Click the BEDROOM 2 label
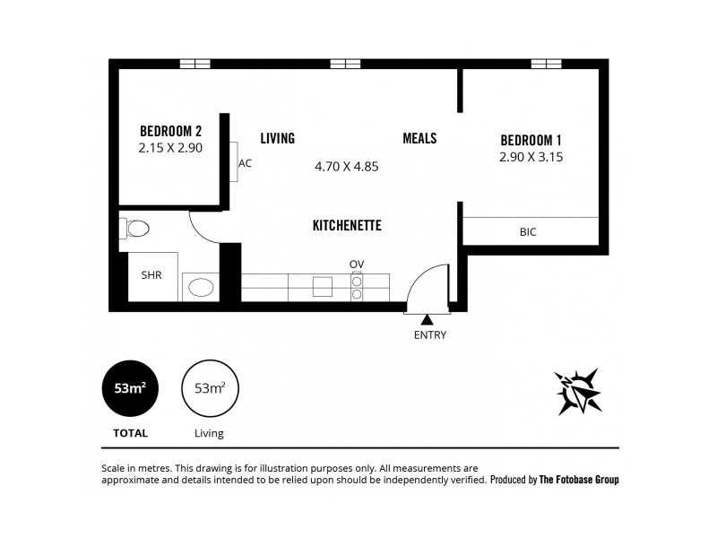(170, 131)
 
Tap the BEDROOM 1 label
(531, 140)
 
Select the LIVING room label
(278, 138)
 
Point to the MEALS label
(419, 138)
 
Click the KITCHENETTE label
(347, 225)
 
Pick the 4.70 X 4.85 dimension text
(347, 166)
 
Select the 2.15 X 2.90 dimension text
(170, 148)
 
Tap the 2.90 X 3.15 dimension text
(531, 157)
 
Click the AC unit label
(246, 163)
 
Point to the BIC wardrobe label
(528, 231)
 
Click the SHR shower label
(151, 275)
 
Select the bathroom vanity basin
(201, 287)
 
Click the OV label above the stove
(357, 263)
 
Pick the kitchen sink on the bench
(323, 286)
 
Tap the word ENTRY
(429, 335)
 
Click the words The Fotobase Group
(579, 480)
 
